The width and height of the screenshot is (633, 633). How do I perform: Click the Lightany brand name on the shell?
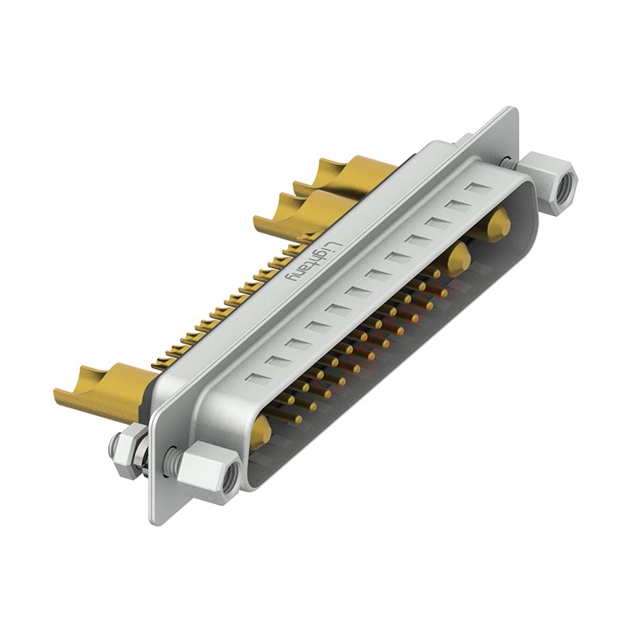(312, 262)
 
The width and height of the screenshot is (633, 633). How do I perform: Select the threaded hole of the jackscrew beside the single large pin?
(230, 476)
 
